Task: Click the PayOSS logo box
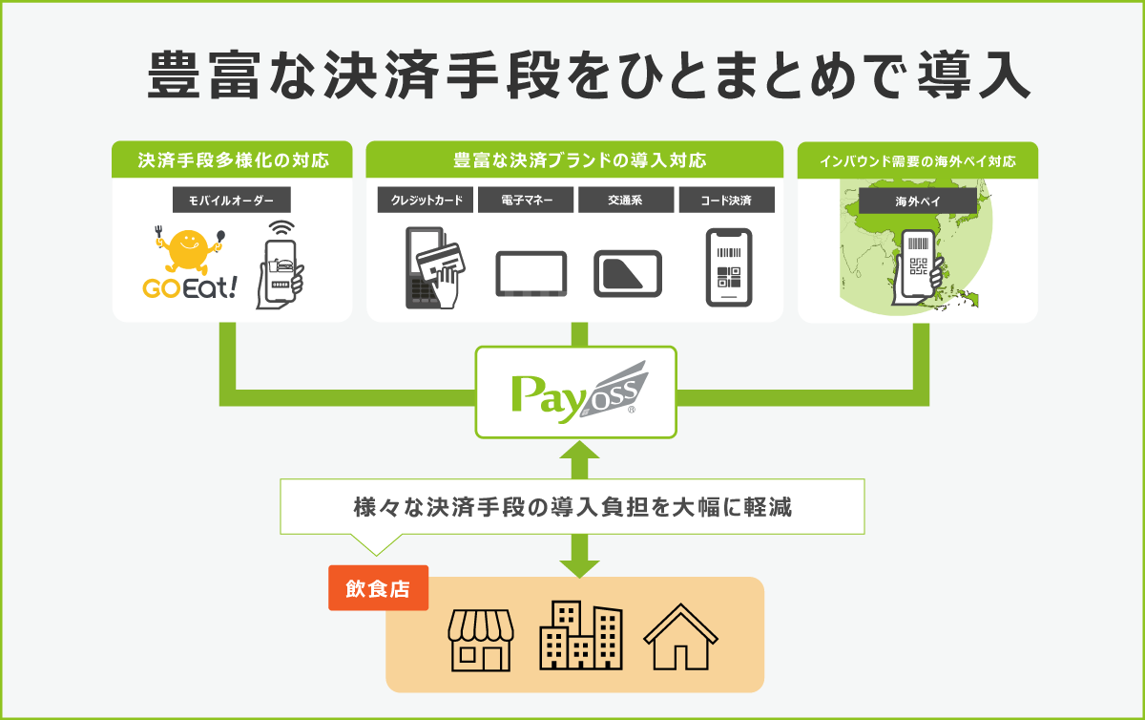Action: [575, 392]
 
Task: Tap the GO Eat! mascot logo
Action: [188, 263]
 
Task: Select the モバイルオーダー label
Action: [231, 201]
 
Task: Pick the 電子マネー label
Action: [525, 201]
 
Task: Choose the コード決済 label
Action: [726, 201]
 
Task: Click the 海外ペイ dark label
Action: [917, 201]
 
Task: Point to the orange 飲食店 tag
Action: [378, 589]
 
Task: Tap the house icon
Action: [680, 637]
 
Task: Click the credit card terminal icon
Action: [432, 267]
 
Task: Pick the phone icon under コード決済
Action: [728, 267]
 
